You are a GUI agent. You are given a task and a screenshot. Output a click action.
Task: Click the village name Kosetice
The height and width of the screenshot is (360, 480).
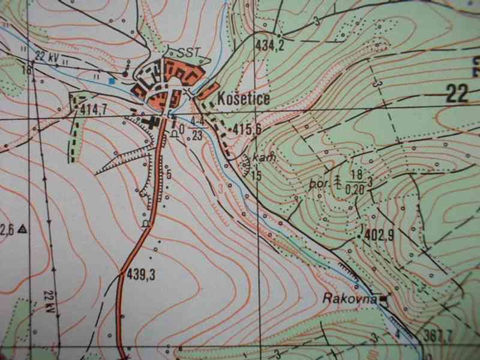pos(244,98)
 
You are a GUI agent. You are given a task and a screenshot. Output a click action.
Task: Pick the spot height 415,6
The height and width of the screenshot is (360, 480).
pos(247,128)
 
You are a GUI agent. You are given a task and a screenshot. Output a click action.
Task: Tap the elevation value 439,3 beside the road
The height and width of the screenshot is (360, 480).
pos(142,275)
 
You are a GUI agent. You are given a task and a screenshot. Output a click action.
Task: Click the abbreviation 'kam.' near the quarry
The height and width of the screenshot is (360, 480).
pos(263,157)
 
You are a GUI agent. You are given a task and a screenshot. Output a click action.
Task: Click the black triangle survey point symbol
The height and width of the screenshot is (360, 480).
pos(22,228)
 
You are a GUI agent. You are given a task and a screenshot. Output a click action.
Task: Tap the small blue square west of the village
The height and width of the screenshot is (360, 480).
pos(111,80)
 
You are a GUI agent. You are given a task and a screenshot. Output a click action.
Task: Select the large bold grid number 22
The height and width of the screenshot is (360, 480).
pos(458,93)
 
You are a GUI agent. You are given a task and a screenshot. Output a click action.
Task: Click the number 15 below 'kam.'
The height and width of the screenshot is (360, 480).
pos(257,176)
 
